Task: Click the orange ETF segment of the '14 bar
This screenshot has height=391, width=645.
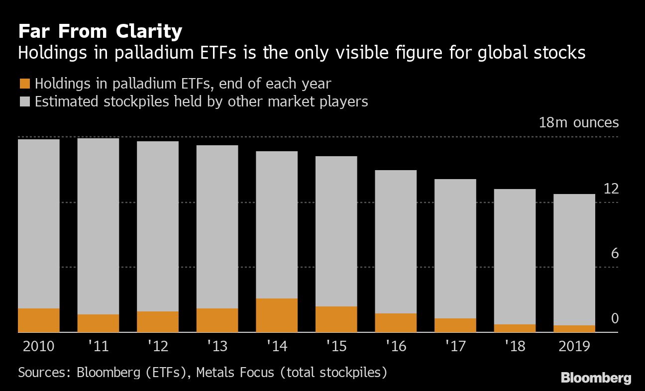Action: click(277, 315)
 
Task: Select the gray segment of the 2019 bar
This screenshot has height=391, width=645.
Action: click(574, 259)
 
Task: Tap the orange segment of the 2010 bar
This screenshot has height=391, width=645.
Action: click(39, 320)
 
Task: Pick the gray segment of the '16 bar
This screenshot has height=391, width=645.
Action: click(396, 242)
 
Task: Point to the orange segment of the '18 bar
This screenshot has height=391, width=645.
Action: click(515, 328)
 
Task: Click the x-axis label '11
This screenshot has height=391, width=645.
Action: click(98, 346)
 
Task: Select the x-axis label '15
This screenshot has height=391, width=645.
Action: click(336, 346)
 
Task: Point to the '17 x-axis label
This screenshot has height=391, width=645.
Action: click(455, 346)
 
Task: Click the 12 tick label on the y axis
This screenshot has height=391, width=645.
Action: click(611, 189)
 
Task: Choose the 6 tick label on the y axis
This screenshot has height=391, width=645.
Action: click(614, 254)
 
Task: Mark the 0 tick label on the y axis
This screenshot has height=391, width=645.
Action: click(614, 318)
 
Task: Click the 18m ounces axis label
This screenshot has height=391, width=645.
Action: click(579, 123)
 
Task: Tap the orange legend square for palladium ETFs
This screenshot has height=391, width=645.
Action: click(24, 84)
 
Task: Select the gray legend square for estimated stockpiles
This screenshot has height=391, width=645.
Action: click(24, 102)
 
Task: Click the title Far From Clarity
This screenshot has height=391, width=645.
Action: click(100, 32)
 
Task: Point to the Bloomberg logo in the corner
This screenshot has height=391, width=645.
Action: click(596, 378)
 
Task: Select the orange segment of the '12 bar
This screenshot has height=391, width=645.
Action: click(158, 322)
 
